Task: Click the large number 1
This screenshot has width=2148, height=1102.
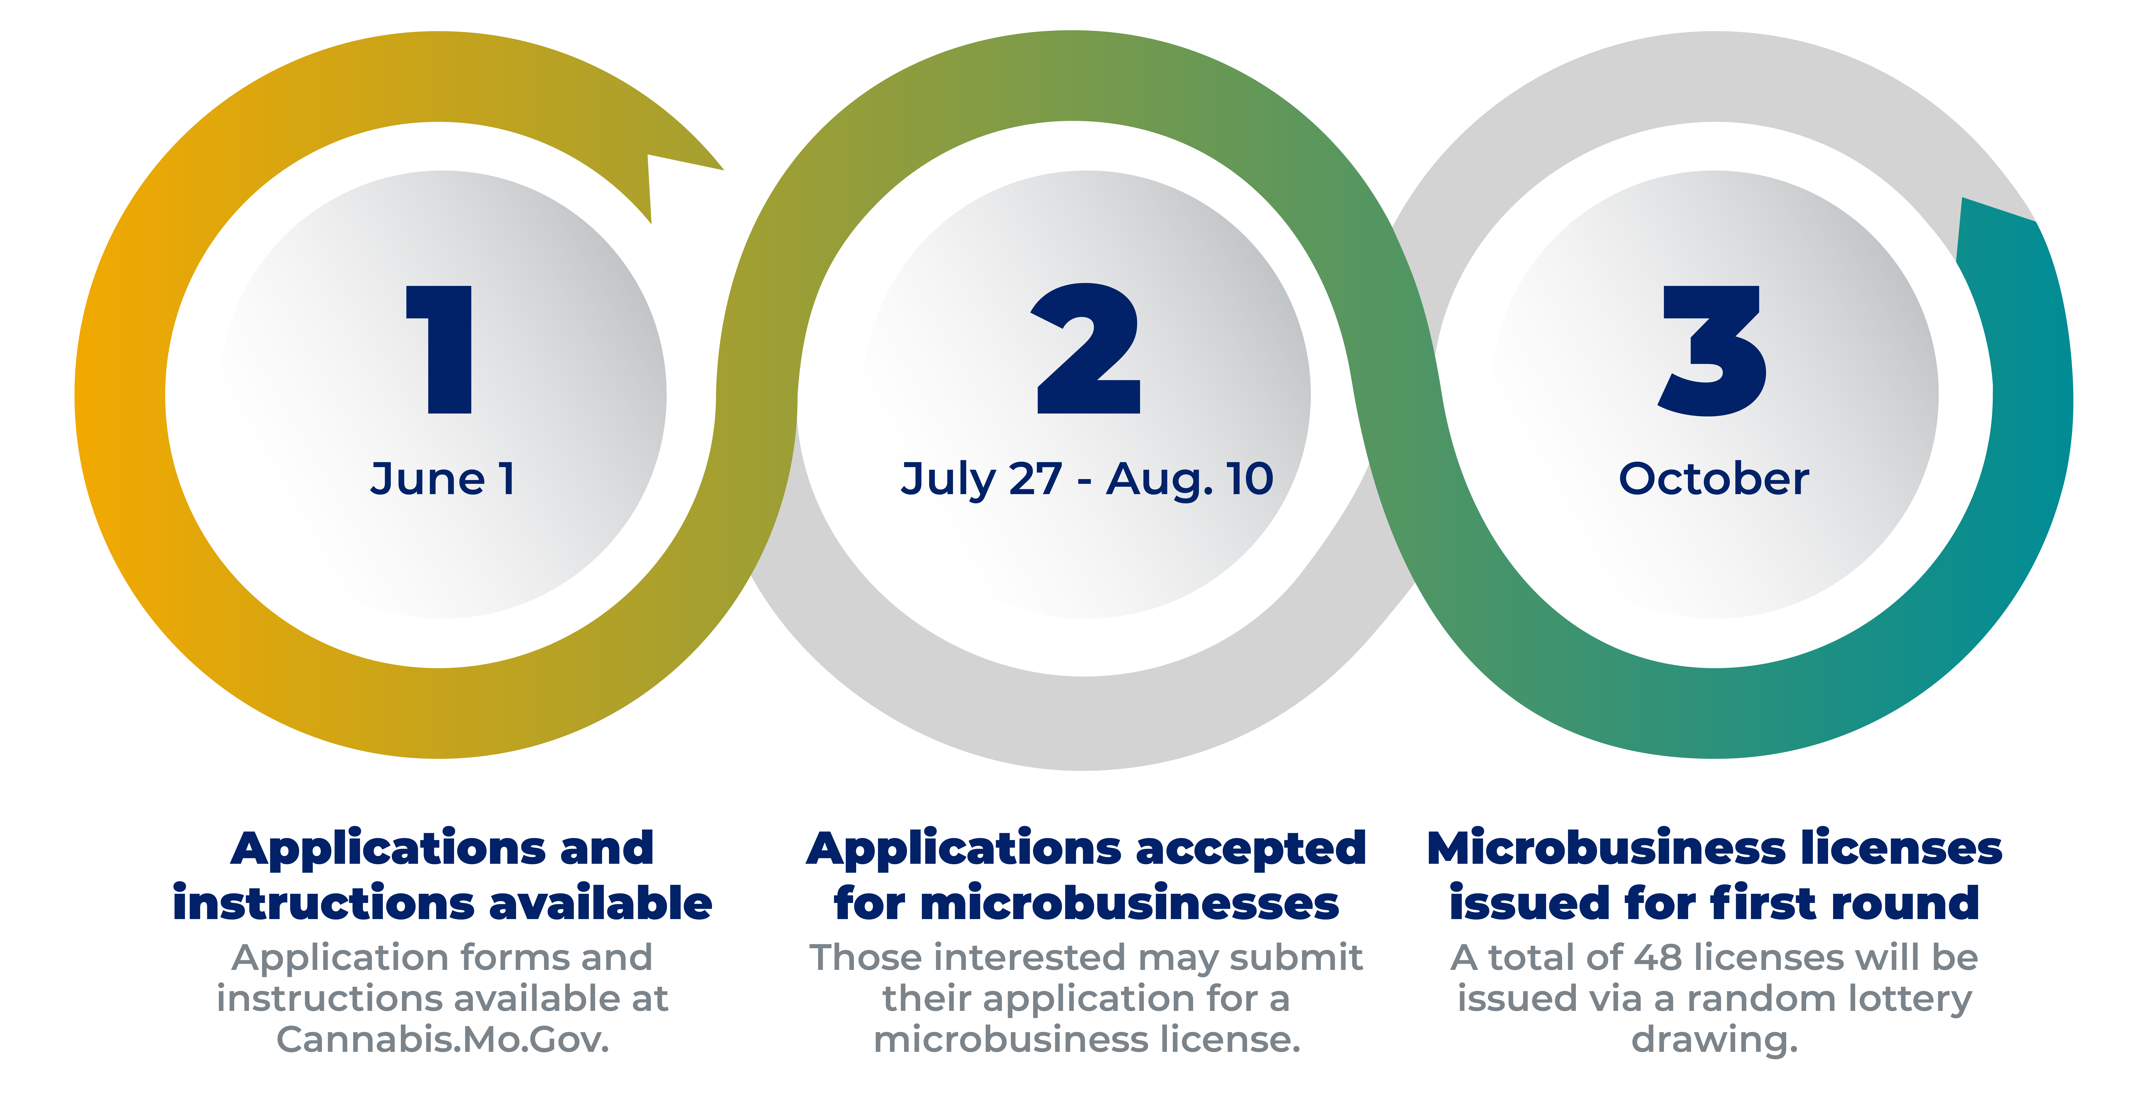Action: tap(440, 349)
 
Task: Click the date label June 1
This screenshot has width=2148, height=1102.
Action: tap(442, 479)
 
